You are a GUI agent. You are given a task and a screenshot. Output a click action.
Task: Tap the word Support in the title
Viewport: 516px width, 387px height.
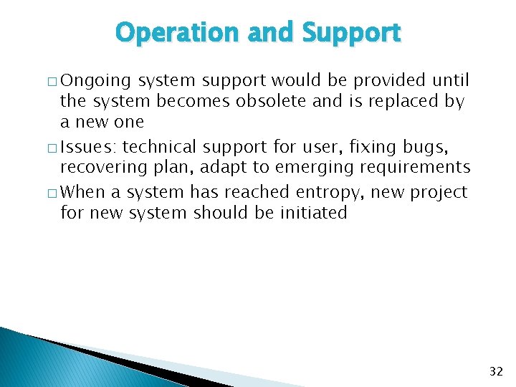[x=351, y=33]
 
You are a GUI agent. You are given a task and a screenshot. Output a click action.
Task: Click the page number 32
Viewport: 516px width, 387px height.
[x=496, y=371]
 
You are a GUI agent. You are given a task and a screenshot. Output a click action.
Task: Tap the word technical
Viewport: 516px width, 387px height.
[x=161, y=148]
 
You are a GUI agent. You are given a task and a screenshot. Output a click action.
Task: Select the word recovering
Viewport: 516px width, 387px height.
[x=99, y=168]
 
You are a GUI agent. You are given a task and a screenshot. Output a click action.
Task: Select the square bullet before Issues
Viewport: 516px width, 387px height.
[x=53, y=148]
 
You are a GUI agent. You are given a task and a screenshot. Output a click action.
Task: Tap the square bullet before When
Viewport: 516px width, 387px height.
[x=53, y=193]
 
